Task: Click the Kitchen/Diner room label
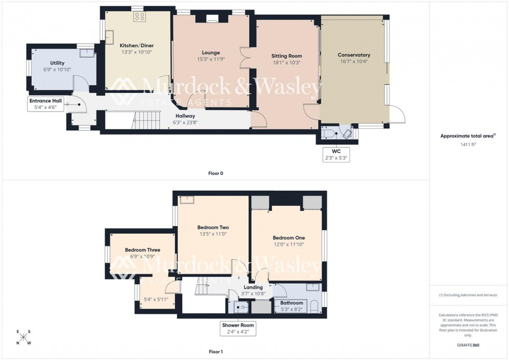click(137, 45)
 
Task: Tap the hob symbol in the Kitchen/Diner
click(139, 17)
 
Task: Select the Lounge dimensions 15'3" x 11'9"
click(211, 59)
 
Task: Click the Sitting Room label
click(286, 56)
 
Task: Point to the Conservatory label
click(354, 55)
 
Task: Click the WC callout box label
click(335, 151)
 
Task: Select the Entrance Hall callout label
click(46, 101)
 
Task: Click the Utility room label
click(57, 63)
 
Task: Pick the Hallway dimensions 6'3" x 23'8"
click(185, 123)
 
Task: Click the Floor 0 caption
click(215, 173)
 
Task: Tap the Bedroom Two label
click(213, 228)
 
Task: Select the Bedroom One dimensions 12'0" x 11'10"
click(289, 245)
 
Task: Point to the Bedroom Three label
click(142, 250)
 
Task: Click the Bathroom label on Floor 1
click(291, 303)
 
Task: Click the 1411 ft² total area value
click(467, 144)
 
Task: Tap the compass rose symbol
click(23, 338)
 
